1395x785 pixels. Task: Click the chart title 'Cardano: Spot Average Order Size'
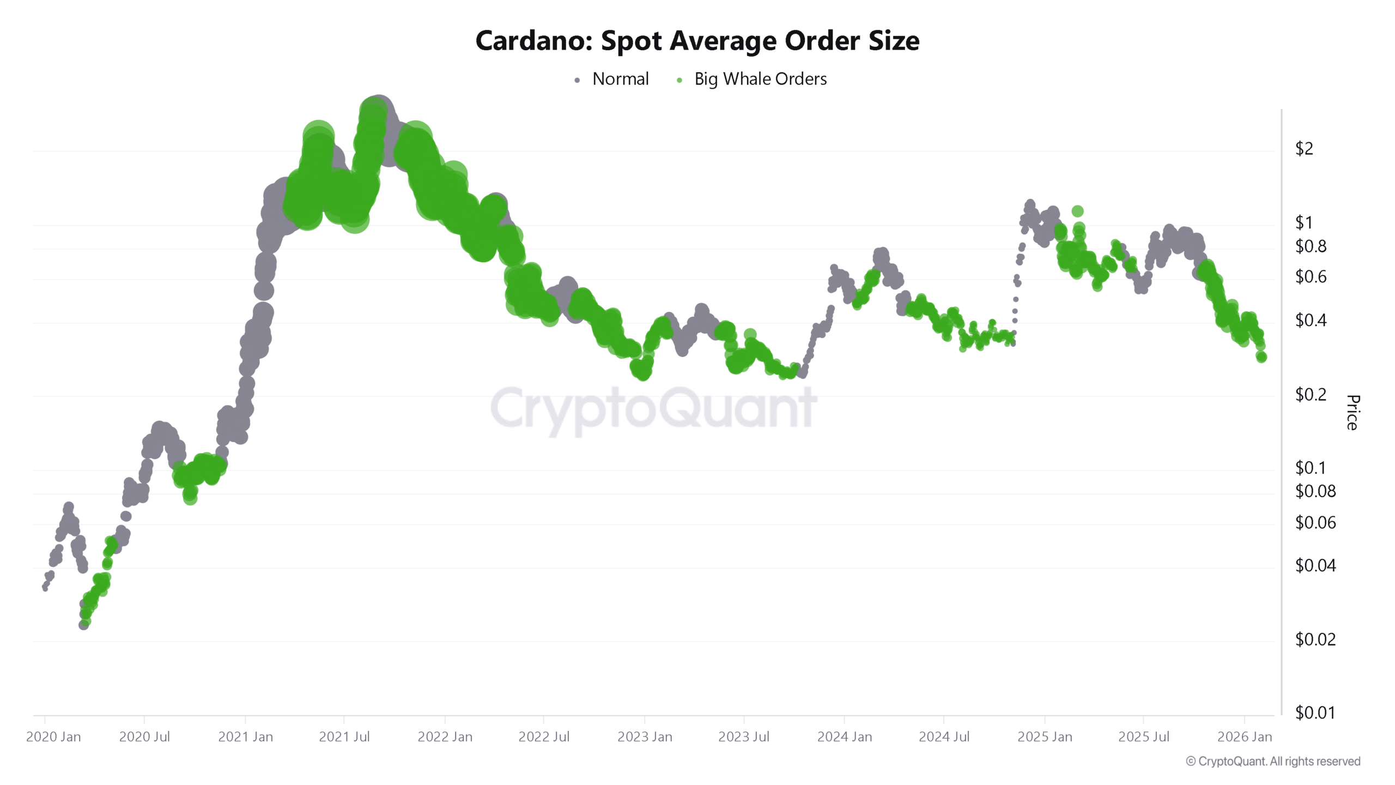tap(697, 41)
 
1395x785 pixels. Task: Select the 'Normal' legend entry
tap(620, 79)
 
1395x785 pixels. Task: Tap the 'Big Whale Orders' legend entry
tap(760, 79)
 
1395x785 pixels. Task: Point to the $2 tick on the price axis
tap(1303, 148)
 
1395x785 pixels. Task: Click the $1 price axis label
tap(1303, 222)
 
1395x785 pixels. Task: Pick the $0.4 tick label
tap(1310, 320)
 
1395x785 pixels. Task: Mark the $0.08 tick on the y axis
tap(1315, 491)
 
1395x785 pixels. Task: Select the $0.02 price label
tap(1315, 639)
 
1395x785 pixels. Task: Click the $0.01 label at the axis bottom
tap(1315, 712)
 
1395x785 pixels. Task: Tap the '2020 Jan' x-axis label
tap(53, 737)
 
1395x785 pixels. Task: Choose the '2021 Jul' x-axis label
tap(344, 737)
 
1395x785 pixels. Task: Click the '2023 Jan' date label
tap(645, 737)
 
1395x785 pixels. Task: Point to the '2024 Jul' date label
tap(944, 737)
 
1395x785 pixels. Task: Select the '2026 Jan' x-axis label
tap(1244, 737)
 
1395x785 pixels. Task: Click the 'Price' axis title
tap(1352, 412)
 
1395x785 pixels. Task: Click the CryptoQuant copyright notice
tap(1273, 762)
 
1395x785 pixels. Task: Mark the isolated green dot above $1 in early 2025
tap(1077, 211)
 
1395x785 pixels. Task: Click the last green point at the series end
tap(1261, 357)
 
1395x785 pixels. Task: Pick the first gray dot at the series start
tap(45, 588)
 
